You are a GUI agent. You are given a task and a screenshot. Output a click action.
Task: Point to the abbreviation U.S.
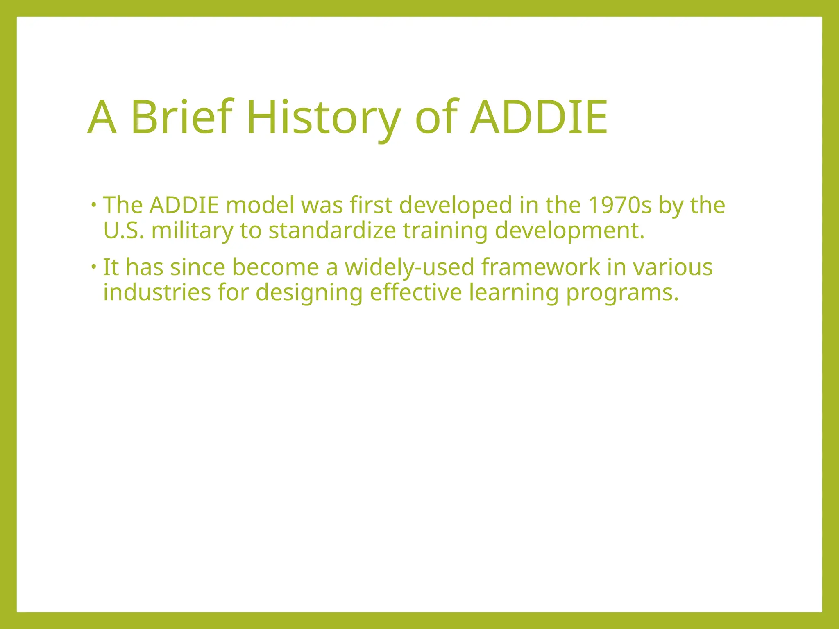(123, 230)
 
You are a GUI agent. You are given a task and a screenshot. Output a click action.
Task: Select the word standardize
(332, 230)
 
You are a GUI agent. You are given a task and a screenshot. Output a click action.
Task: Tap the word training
(445, 230)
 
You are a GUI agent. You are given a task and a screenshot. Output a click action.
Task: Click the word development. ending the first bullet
(570, 230)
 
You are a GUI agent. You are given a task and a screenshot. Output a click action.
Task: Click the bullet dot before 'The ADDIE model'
(94, 204)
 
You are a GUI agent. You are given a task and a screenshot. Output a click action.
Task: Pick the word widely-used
(409, 267)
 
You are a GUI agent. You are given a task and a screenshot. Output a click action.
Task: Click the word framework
(541, 267)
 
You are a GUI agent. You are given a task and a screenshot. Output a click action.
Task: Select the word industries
(157, 292)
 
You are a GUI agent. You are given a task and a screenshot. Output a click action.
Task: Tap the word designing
(309, 292)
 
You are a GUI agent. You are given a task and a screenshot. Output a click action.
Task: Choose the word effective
(416, 292)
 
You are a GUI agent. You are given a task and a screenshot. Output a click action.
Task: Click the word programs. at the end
(622, 292)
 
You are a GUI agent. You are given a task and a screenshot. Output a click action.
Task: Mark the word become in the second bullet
(275, 267)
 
